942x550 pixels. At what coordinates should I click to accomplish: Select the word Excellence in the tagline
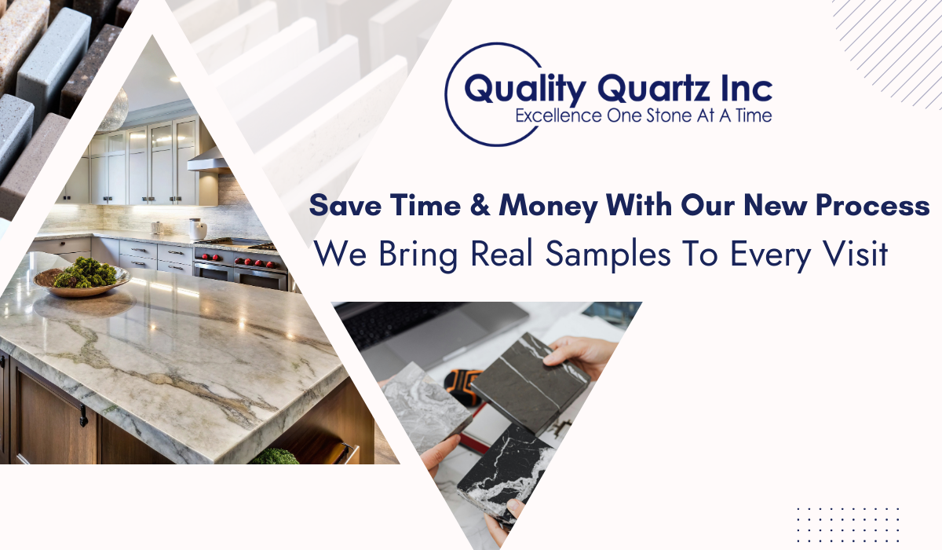pos(558,115)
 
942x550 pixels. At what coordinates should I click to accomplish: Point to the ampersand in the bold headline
pos(480,205)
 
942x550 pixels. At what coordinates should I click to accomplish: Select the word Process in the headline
pos(872,206)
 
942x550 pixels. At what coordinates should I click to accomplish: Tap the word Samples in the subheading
pos(608,255)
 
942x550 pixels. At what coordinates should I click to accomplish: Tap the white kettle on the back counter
pos(198,229)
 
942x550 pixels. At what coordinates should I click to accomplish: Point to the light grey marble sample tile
pos(427,403)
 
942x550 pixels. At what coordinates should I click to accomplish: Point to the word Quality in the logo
pos(525,88)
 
